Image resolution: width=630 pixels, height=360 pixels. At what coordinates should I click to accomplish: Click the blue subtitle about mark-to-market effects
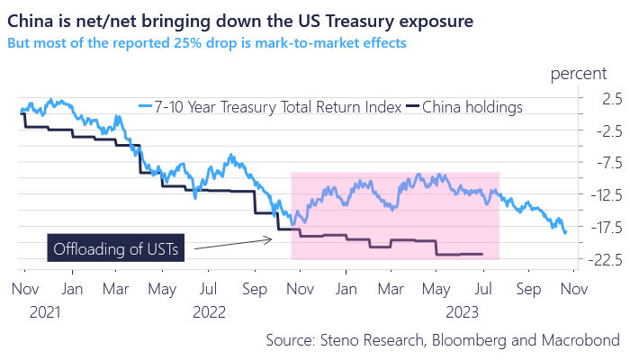pyautogui.click(x=206, y=41)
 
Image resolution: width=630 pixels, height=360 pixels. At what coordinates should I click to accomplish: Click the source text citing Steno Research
pyautogui.click(x=442, y=340)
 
